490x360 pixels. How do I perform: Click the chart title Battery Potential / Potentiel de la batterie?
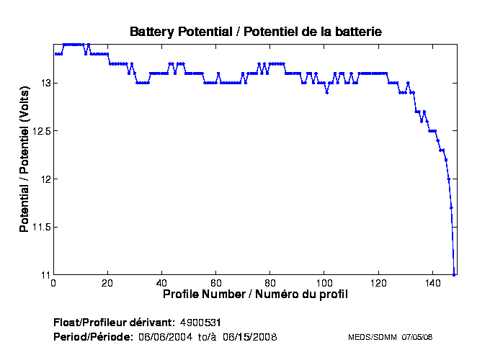point(255,32)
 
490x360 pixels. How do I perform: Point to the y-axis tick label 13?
point(44,84)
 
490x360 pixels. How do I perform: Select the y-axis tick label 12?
point(44,179)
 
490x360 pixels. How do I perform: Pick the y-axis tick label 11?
point(44,275)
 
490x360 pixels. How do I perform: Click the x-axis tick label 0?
point(54,284)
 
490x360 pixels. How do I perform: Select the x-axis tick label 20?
point(108,284)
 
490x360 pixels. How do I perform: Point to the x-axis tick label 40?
point(162,284)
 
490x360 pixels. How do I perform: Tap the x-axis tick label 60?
point(216,284)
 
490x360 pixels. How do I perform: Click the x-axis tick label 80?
point(270,284)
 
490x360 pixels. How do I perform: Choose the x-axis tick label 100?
point(324,284)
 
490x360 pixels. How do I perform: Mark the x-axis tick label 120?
point(378,284)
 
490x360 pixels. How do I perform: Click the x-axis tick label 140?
point(432,284)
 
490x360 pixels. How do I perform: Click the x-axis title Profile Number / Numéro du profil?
point(255,295)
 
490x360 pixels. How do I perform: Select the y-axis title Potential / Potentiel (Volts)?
point(24,159)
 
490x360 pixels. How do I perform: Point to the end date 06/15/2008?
point(249,337)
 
